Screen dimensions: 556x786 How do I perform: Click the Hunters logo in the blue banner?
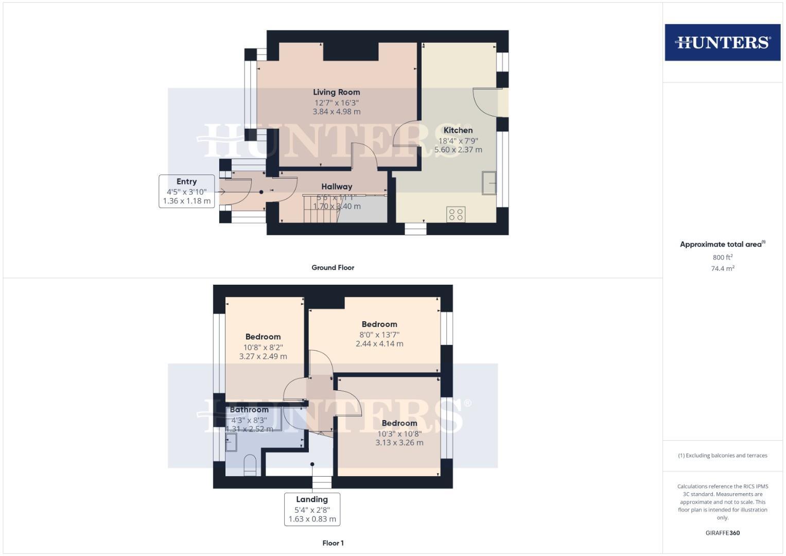722,42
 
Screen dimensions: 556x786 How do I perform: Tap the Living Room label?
336,92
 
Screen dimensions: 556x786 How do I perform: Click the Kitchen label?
458,130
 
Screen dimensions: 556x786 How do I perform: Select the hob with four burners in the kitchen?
456,214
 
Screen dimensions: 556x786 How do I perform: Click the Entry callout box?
186,191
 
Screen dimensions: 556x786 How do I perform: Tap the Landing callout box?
312,509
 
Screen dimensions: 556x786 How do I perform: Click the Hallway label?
337,186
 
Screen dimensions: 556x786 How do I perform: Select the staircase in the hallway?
319,208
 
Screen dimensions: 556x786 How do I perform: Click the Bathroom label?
249,410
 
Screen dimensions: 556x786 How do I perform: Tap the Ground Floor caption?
333,268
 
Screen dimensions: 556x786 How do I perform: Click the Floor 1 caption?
333,543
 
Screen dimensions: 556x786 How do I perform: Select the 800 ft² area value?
722,257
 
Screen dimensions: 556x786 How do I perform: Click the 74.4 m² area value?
722,268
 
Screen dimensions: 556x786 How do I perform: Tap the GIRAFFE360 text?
722,533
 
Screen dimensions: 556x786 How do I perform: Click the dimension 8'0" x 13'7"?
379,334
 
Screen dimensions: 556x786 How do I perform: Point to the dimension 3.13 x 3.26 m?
399,442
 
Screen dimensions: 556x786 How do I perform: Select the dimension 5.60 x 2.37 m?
458,150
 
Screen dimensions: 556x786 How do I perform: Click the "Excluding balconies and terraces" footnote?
722,456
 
